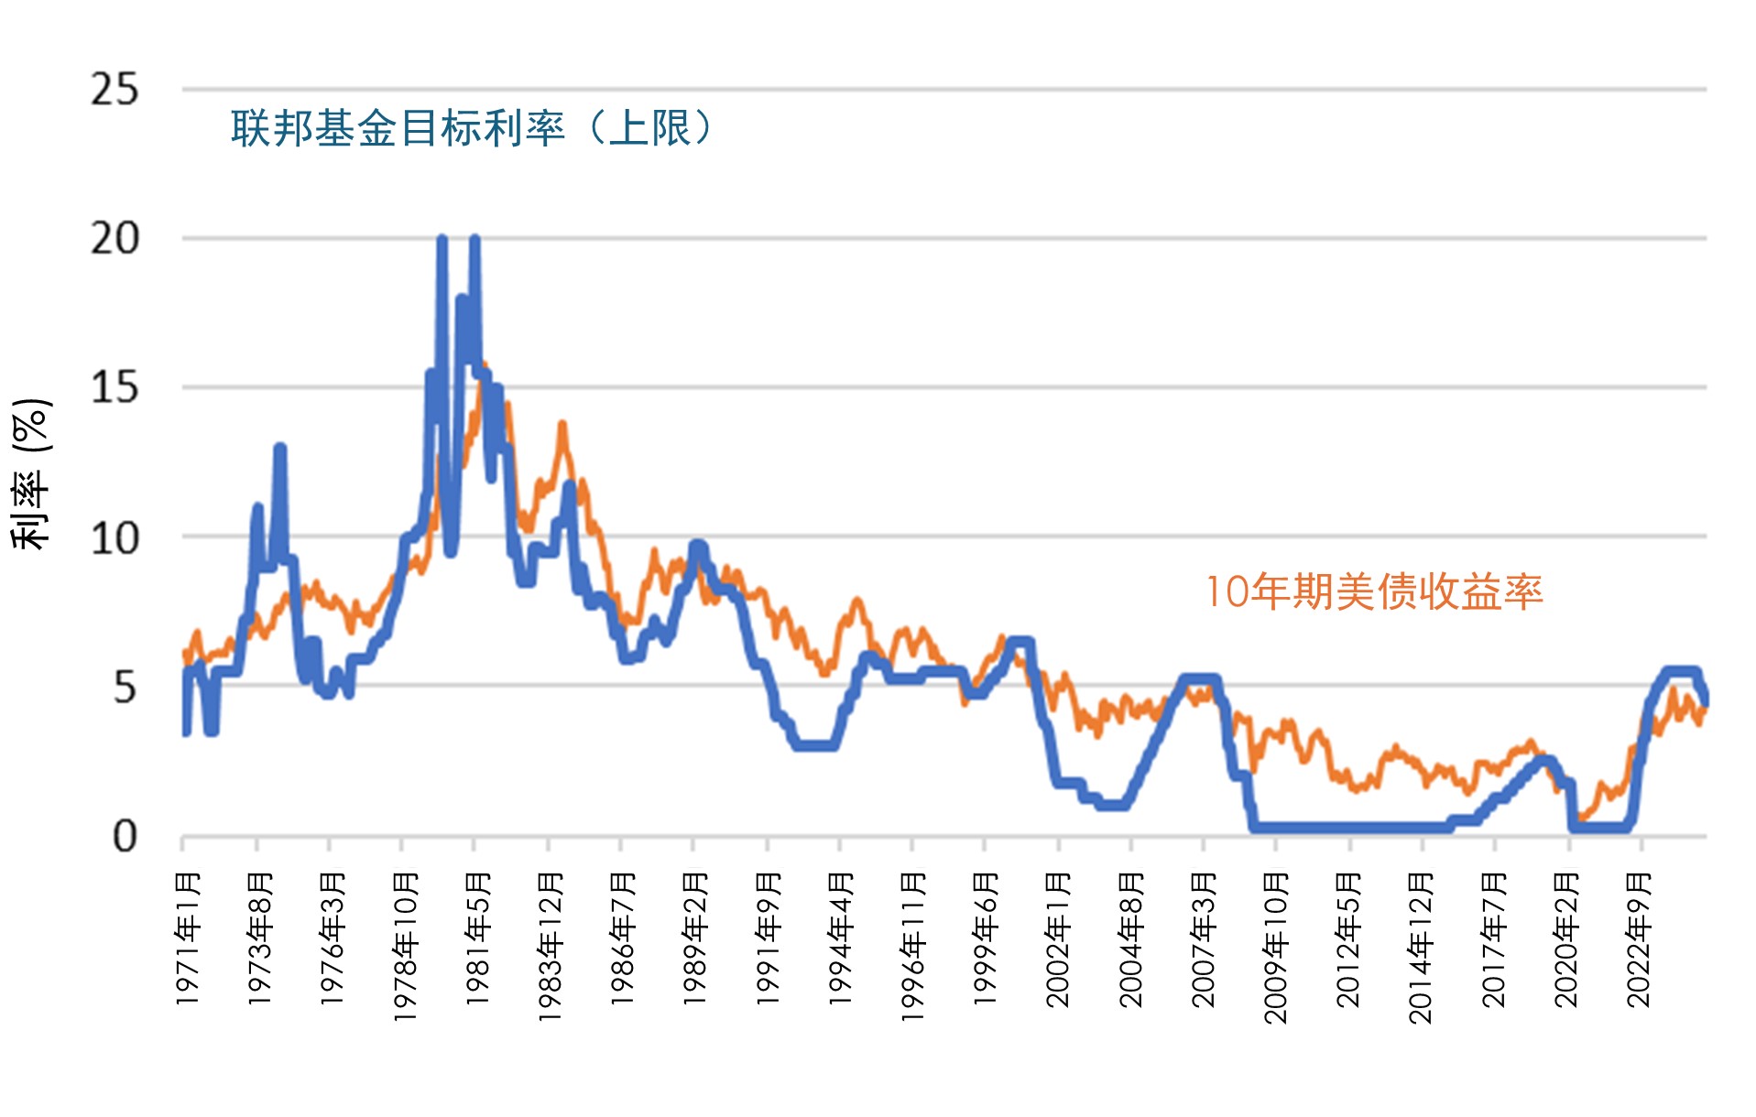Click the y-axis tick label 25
pos(115,91)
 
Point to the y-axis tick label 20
pos(115,239)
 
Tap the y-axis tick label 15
pos(115,388)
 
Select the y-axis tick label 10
pos(115,538)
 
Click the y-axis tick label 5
pos(125,688)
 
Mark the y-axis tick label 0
pos(125,837)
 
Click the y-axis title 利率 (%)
pos(30,473)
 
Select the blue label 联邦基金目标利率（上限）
pos(472,128)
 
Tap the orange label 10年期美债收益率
pos(1374,592)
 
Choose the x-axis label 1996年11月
pos(913,946)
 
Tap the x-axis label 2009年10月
pos(1277,946)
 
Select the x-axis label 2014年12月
pos(1422,946)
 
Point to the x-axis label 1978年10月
pos(405,946)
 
